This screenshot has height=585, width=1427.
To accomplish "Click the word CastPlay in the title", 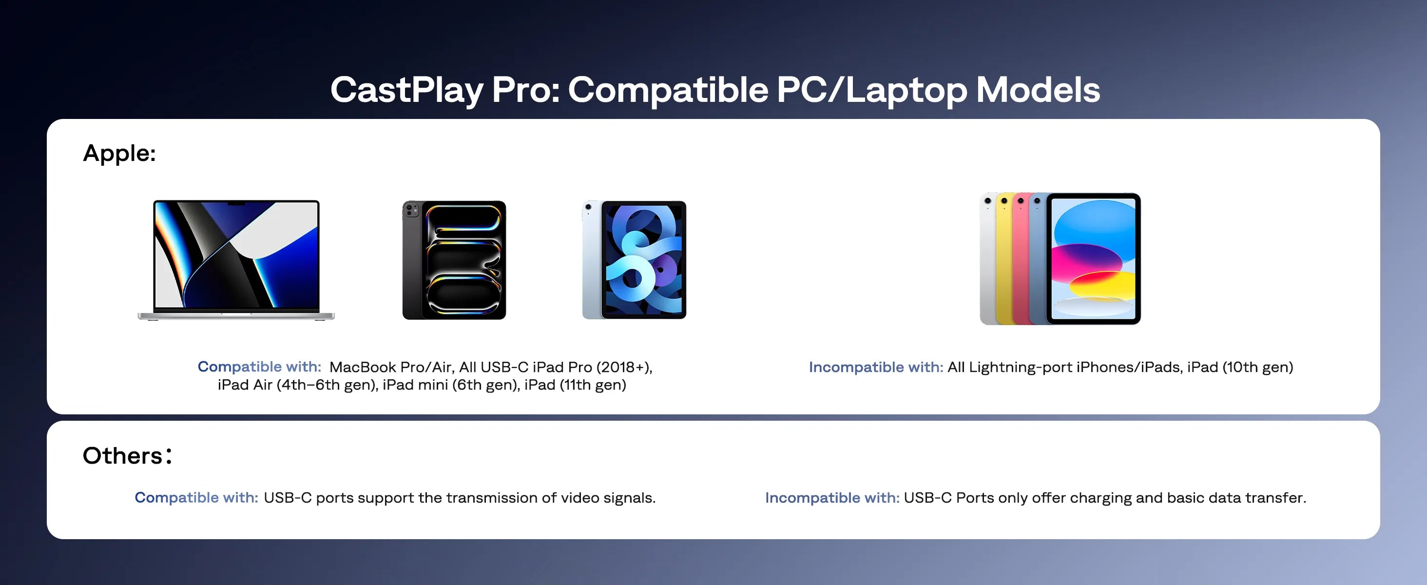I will (406, 90).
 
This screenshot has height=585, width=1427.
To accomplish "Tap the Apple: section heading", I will (119, 154).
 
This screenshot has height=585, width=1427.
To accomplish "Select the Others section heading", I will (127, 456).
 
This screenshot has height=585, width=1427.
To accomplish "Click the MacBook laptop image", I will (236, 259).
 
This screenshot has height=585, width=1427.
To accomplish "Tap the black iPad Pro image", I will (454, 260).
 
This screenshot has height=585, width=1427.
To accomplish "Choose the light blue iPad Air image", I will (634, 260).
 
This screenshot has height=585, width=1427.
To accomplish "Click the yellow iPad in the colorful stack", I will (1003, 266).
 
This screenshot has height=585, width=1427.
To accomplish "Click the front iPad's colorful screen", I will (1094, 258).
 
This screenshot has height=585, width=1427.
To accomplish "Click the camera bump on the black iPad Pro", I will (412, 210).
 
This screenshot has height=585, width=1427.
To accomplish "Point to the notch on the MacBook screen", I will (236, 203).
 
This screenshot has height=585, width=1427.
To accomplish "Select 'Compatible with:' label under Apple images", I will (259, 367).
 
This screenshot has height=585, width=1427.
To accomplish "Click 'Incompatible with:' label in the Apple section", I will (875, 367).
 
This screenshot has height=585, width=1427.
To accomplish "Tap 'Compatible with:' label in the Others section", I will (196, 497).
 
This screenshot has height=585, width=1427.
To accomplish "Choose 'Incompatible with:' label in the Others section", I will (831, 497).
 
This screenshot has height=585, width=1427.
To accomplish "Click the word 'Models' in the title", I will (1038, 90).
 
